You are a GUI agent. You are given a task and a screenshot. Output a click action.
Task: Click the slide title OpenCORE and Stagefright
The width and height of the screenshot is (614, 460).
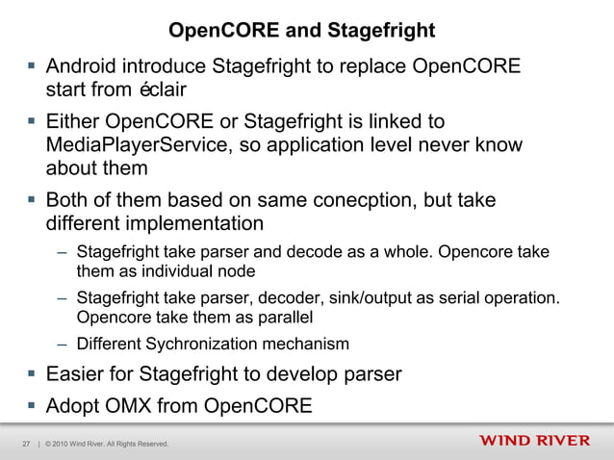pyautogui.click(x=302, y=31)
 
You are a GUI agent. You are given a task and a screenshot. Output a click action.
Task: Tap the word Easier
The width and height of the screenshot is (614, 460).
pyautogui.click(x=79, y=373)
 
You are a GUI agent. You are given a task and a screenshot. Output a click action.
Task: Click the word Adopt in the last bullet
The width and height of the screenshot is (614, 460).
pyautogui.click(x=75, y=405)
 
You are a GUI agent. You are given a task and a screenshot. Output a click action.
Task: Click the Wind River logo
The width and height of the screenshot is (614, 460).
pyautogui.click(x=534, y=441)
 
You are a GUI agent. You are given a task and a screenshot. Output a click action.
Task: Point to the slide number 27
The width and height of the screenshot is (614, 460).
pyautogui.click(x=26, y=444)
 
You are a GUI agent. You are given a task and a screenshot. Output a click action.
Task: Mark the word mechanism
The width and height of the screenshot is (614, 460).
pyautogui.click(x=307, y=344)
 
